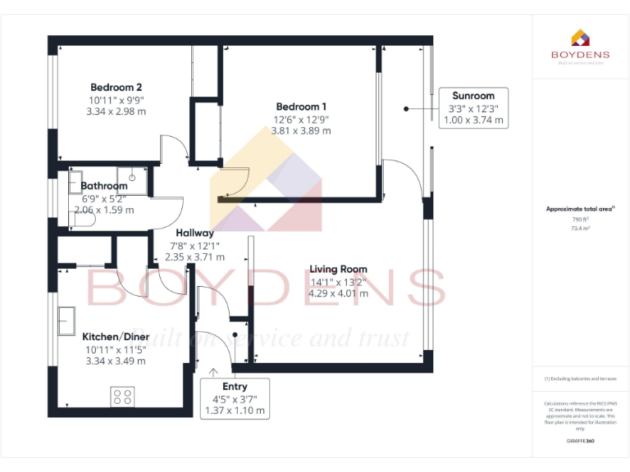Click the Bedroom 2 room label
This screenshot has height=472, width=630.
(x=116, y=88)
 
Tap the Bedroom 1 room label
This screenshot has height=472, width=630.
(x=301, y=107)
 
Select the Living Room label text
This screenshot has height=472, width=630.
(x=338, y=269)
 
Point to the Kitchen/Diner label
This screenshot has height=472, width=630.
(x=116, y=337)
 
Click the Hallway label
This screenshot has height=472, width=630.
(x=194, y=234)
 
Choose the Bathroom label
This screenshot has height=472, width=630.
(x=104, y=186)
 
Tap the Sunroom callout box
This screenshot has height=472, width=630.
(x=473, y=107)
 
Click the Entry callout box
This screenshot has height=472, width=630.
(x=235, y=398)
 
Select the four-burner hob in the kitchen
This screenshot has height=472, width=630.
(x=122, y=397)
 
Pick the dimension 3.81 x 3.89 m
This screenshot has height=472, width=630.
(x=301, y=130)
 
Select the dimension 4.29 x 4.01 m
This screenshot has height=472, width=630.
(x=338, y=293)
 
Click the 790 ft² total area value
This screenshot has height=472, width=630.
(x=581, y=220)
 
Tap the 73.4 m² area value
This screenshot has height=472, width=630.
(x=581, y=229)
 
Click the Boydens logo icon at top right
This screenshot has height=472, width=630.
(x=580, y=39)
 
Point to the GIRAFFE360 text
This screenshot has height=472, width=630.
(x=581, y=441)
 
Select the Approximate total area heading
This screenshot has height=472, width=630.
(x=579, y=210)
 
